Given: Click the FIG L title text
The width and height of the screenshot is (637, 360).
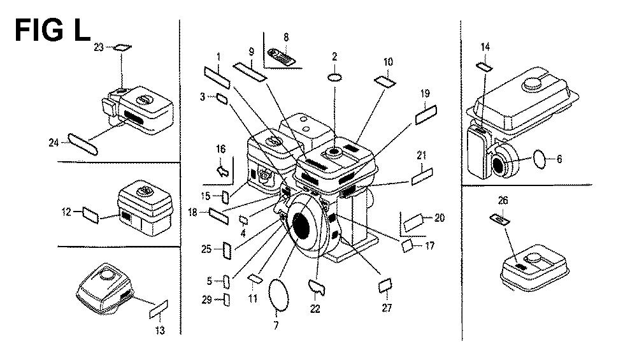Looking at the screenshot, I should click(52, 30).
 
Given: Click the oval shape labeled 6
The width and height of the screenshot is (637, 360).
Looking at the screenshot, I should click(539, 159).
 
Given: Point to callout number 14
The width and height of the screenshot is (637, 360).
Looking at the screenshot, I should click(485, 46).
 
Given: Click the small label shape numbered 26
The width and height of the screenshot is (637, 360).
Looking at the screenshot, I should click(501, 219).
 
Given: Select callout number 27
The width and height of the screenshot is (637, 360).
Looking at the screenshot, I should click(387, 308).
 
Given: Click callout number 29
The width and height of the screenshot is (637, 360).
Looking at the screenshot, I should click(206, 300).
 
